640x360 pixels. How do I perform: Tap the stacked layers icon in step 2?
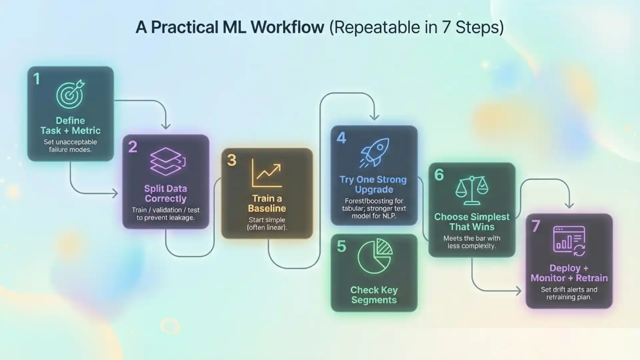tap(167, 162)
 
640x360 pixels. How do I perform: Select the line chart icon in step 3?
tap(267, 173)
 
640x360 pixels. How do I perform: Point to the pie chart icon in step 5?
tap(375, 256)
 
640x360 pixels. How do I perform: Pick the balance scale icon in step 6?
tap(472, 190)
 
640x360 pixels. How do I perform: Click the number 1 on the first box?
tap(37, 79)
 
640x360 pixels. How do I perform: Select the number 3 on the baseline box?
tap(232, 160)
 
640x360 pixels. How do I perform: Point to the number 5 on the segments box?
tap(341, 247)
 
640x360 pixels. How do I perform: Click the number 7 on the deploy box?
tap(536, 226)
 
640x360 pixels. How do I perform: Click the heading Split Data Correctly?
tap(165, 194)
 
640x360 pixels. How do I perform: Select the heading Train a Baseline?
tap(267, 203)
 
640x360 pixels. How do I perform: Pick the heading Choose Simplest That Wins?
tap(472, 222)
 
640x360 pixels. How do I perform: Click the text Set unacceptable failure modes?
tap(70, 146)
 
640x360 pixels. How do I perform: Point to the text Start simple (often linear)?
tap(267, 224)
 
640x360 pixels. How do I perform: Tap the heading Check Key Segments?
tap(374, 295)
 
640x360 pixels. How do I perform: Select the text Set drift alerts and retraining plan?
tap(569, 293)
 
